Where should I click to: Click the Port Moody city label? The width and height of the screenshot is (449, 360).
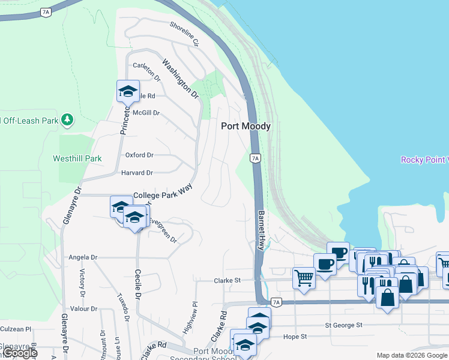click(x=246, y=126)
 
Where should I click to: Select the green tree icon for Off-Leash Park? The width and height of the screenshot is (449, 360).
click(x=68, y=120)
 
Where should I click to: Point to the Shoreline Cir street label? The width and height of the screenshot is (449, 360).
click(x=184, y=34)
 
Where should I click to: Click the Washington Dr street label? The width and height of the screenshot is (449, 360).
click(x=180, y=78)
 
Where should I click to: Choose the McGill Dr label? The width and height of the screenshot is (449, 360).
click(x=146, y=112)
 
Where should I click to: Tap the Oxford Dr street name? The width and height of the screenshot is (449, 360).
click(x=139, y=155)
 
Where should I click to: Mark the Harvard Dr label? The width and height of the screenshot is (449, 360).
click(x=137, y=173)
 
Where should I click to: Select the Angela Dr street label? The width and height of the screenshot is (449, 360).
click(x=83, y=257)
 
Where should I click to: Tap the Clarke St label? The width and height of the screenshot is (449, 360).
click(x=228, y=280)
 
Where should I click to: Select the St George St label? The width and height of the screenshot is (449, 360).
click(x=345, y=325)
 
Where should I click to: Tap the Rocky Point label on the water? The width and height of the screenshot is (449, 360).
click(x=424, y=160)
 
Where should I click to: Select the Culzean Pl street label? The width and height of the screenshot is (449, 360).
click(x=16, y=329)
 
